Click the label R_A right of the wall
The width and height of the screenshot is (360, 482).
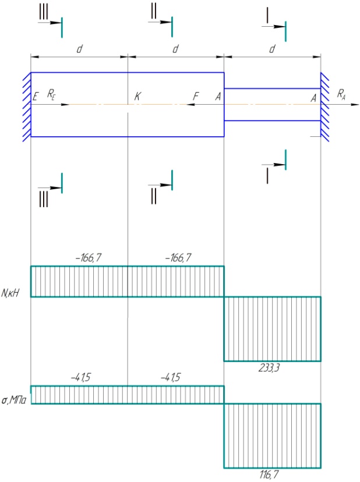[341, 94]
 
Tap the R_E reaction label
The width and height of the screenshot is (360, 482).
[51, 94]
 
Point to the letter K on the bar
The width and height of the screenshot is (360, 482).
[137, 96]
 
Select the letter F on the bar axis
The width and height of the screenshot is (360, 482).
[196, 96]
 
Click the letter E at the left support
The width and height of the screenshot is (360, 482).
[36, 97]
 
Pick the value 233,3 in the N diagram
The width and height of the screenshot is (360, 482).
[269, 367]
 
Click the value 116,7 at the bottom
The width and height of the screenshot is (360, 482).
[269, 474]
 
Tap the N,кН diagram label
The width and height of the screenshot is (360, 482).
[10, 293]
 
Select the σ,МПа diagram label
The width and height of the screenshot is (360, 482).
[14, 401]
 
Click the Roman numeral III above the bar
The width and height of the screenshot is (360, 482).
[43, 12]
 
